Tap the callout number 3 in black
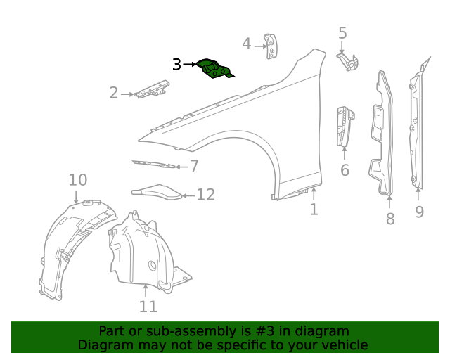176,65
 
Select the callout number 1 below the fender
314,209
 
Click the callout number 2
114,93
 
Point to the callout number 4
247,44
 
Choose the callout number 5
342,32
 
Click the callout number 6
345,170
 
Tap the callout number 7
194,167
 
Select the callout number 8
390,219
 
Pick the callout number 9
419,211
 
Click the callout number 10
78,181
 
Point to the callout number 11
148,307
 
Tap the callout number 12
205,195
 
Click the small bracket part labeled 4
269,46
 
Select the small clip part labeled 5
349,62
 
